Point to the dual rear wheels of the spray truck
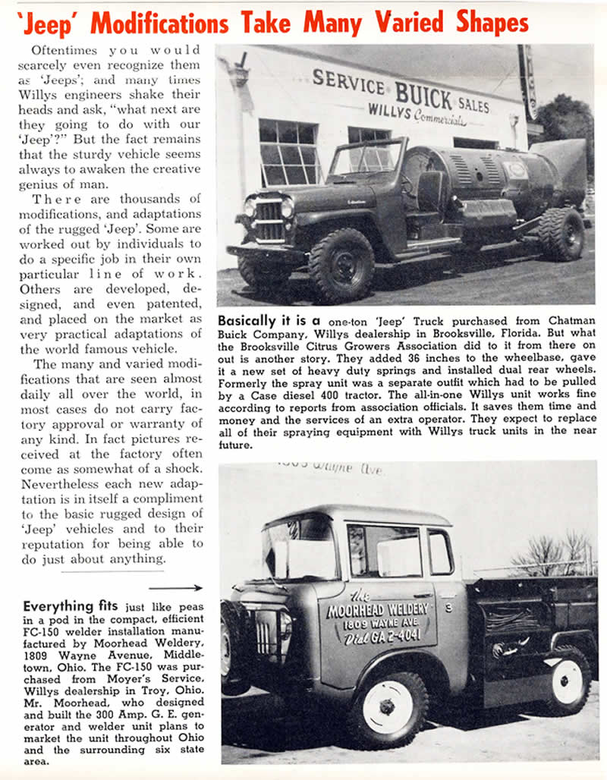click(x=562, y=234)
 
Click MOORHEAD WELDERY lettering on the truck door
click(x=377, y=609)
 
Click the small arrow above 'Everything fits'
click(x=175, y=587)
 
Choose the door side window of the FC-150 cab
click(x=384, y=549)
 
